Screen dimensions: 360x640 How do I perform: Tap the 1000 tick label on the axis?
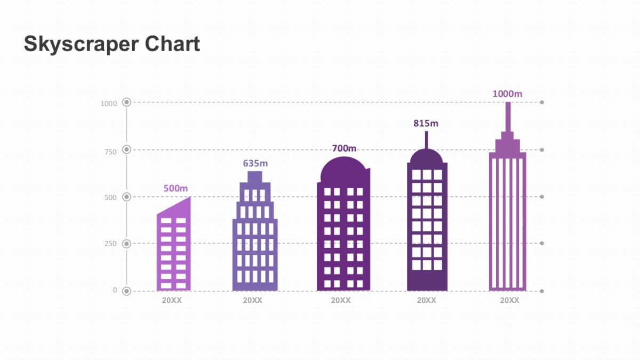click(x=109, y=103)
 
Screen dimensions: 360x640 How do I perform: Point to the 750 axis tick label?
click(x=110, y=152)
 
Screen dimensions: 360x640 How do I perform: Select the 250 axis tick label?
click(x=110, y=244)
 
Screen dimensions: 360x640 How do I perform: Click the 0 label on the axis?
click(x=115, y=290)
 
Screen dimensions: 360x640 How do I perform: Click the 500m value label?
click(x=175, y=188)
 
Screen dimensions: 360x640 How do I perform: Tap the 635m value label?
click(x=255, y=163)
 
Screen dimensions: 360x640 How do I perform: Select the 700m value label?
click(x=344, y=148)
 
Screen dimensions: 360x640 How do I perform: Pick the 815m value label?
click(x=426, y=123)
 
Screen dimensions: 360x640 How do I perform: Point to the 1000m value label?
click(x=507, y=94)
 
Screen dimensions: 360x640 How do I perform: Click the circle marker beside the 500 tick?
click(x=126, y=197)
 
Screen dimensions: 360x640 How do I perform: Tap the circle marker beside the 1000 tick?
click(x=126, y=102)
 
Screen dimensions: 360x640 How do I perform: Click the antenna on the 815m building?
click(x=426, y=139)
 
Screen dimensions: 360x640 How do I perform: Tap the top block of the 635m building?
click(x=255, y=177)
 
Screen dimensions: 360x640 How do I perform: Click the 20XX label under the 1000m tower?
click(x=509, y=300)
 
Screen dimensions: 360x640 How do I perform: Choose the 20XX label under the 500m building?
click(x=172, y=300)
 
